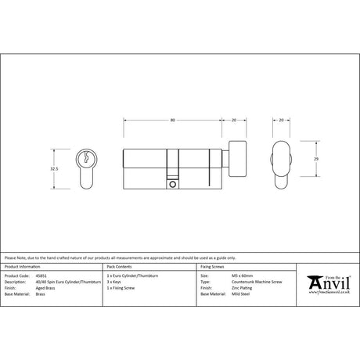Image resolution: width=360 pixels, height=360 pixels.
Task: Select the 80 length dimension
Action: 171,120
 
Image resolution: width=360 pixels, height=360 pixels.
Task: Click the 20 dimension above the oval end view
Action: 281,120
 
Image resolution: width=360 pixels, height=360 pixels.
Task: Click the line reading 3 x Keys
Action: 115,282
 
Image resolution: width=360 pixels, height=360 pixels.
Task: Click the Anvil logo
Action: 328,282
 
